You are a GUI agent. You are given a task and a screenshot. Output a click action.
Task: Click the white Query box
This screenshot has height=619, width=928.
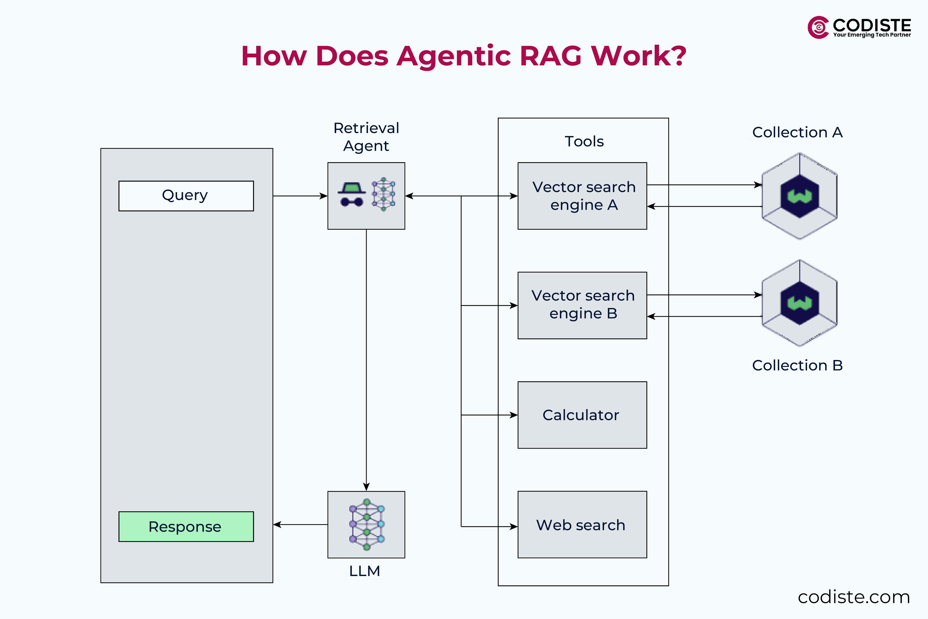186,196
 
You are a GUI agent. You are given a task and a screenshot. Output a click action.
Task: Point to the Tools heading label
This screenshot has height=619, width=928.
584,141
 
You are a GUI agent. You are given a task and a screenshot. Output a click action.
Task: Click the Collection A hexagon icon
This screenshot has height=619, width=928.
799,196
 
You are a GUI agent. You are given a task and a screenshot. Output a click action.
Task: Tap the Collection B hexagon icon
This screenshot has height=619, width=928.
799,303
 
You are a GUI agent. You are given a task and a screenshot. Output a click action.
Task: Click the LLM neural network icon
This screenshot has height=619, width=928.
367,524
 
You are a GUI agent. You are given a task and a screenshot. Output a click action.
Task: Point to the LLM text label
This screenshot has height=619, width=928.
365,571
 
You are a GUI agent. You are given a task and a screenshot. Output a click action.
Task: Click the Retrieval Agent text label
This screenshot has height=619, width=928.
366,137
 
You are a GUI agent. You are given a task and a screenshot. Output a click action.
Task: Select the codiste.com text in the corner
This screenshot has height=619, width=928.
853,597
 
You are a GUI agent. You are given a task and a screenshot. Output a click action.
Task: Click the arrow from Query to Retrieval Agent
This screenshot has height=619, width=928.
300,196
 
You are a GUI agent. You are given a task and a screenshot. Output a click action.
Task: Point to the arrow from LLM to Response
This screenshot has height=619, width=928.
300,525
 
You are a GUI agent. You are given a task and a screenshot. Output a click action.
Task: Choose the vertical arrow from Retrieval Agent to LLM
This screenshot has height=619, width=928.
366,355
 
